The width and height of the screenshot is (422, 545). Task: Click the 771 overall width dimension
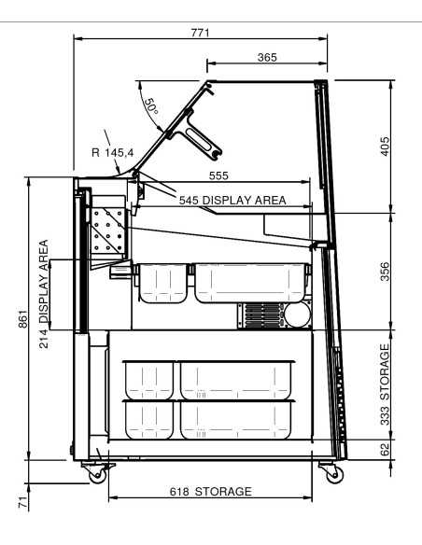[x=200, y=33]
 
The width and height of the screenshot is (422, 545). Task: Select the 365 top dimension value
[x=267, y=57]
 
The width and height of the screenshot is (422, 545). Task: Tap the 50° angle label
[x=151, y=106]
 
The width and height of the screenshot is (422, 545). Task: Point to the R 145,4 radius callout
[x=113, y=152]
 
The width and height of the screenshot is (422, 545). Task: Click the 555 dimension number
[x=218, y=175]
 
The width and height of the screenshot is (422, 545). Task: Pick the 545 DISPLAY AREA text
[x=232, y=201]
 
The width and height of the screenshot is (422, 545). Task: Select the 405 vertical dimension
[x=385, y=147]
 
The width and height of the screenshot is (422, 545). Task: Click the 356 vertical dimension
[x=385, y=272]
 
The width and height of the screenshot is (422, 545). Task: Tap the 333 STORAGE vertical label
[x=385, y=384]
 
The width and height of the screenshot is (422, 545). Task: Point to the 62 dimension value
[x=385, y=450]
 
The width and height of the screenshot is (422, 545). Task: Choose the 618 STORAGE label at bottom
[x=211, y=492]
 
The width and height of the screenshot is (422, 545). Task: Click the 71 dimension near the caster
[x=22, y=502]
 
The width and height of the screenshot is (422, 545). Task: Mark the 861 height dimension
[x=22, y=319]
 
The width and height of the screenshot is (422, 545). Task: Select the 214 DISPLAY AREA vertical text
[x=44, y=294]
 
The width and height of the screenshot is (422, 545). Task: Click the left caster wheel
[x=97, y=475]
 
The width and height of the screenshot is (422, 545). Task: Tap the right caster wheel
[x=335, y=475]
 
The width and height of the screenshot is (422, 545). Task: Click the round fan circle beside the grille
[x=297, y=314]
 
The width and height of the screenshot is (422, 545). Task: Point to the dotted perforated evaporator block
[x=107, y=231]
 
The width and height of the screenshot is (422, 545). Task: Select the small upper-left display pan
[x=162, y=283]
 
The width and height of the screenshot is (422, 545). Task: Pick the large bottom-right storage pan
[x=236, y=420]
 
